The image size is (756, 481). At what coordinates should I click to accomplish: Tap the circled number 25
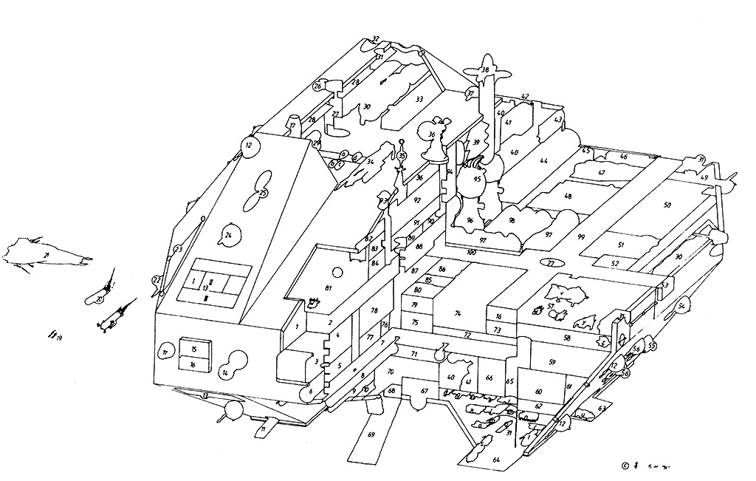click(263, 193)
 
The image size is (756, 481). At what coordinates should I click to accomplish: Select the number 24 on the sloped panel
click(228, 236)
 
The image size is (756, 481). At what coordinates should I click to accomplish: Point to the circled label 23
click(178, 249)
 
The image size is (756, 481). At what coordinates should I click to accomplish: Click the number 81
click(329, 287)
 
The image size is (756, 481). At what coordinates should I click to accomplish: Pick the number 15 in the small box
click(193, 349)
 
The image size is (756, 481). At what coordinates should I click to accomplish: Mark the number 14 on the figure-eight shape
click(224, 374)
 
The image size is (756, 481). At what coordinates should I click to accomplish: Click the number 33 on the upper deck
click(419, 99)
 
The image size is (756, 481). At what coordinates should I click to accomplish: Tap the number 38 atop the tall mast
click(485, 71)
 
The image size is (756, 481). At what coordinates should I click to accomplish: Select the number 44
click(544, 160)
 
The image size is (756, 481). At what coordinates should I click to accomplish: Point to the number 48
click(567, 197)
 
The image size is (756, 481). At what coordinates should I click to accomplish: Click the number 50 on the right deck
click(667, 205)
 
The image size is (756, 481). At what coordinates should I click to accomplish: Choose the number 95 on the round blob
click(477, 179)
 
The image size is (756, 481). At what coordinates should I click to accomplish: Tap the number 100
click(471, 252)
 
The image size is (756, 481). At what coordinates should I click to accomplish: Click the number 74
click(458, 313)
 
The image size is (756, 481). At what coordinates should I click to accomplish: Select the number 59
click(551, 361)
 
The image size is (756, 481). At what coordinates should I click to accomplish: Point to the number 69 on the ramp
click(371, 434)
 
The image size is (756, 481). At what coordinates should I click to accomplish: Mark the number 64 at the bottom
click(497, 460)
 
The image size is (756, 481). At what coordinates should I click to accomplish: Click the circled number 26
click(317, 86)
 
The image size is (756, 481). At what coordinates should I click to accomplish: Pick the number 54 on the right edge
click(683, 306)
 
